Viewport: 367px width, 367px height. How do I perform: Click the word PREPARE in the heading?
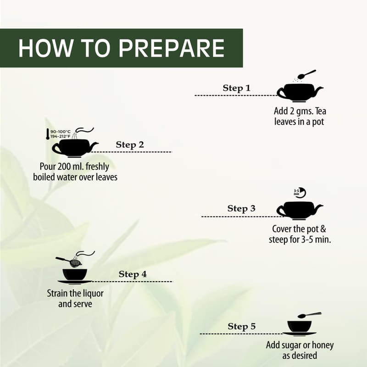172,48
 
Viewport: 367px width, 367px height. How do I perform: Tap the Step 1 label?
237,88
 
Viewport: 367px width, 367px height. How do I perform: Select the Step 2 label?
130,145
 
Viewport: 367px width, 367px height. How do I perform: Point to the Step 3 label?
241,208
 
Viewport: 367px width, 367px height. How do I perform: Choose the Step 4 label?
133,274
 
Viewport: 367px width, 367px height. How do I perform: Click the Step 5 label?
242,326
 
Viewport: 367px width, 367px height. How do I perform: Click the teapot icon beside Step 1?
300,93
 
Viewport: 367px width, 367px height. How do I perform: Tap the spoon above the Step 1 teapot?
306,74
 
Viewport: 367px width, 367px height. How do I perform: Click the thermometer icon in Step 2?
48,134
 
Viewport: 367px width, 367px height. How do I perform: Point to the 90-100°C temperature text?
61,132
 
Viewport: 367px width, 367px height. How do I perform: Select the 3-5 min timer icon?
300,193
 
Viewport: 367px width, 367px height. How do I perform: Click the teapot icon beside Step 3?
300,211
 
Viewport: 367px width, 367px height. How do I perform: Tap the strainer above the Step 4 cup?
69,261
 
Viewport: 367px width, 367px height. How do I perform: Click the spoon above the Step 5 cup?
309,315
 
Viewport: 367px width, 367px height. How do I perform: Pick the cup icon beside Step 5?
300,328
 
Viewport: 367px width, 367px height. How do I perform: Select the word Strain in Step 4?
57,293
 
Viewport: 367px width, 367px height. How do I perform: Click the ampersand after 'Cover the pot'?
323,229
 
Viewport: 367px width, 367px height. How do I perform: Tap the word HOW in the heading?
45,48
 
